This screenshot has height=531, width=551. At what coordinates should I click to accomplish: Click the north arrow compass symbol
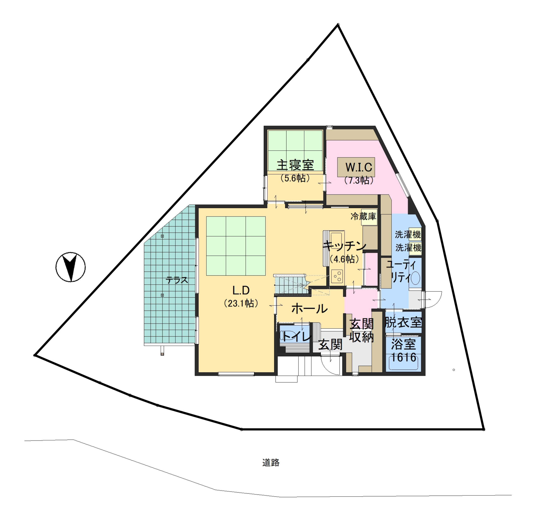click(x=70, y=267)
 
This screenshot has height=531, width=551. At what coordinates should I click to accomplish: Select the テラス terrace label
click(x=177, y=280)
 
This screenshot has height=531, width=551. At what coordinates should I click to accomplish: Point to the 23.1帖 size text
click(x=241, y=303)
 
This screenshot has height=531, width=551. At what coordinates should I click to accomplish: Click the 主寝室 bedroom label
click(x=295, y=165)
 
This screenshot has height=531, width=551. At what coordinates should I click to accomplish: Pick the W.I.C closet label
click(x=359, y=167)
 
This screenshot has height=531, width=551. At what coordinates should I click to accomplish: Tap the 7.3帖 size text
click(x=359, y=180)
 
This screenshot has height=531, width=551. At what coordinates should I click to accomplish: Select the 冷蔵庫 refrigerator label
click(x=363, y=216)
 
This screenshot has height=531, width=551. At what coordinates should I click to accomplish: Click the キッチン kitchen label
click(x=345, y=246)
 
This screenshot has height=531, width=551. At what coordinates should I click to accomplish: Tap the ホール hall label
click(x=310, y=309)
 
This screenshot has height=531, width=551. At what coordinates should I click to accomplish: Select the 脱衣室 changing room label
click(x=403, y=322)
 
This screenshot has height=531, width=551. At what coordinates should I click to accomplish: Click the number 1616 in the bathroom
click(x=403, y=357)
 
